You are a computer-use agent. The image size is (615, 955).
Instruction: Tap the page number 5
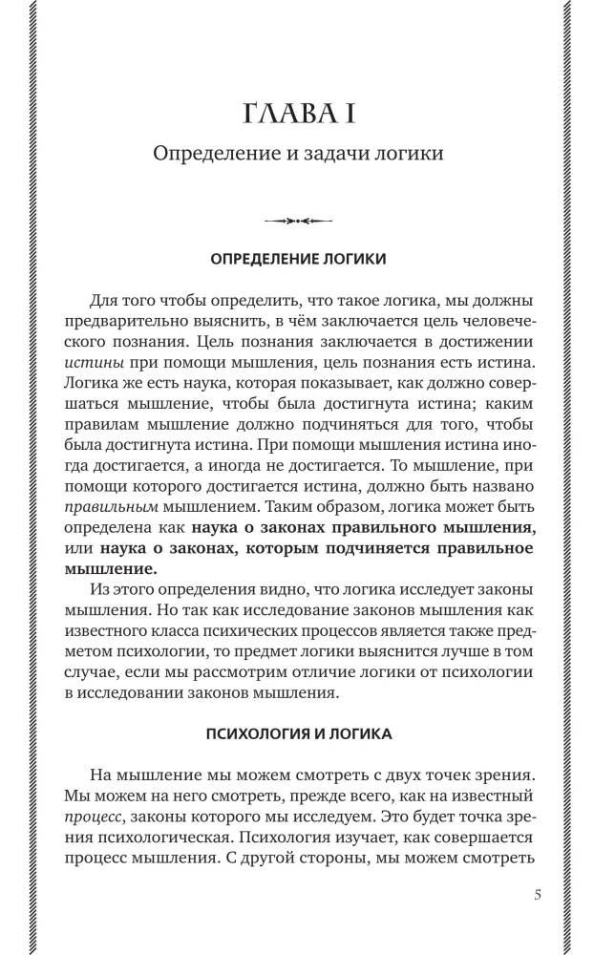tap(539, 895)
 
